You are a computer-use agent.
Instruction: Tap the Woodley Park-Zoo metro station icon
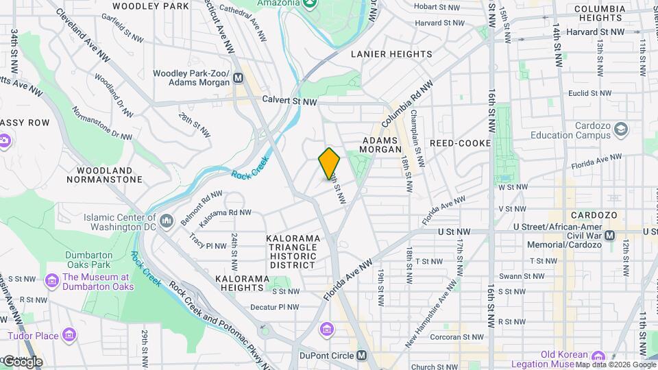click(239, 78)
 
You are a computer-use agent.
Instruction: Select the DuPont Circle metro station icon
click(362, 356)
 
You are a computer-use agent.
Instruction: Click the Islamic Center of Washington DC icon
click(167, 221)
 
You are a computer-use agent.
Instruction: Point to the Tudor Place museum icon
click(68, 335)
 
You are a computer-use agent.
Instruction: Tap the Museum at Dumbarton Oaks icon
click(51, 282)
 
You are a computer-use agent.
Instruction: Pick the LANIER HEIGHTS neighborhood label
click(391, 54)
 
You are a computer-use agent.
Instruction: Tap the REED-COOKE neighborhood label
click(460, 143)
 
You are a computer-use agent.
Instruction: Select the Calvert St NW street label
click(289, 101)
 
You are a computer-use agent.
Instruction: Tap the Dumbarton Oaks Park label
click(88, 260)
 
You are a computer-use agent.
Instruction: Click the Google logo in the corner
click(23, 361)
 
